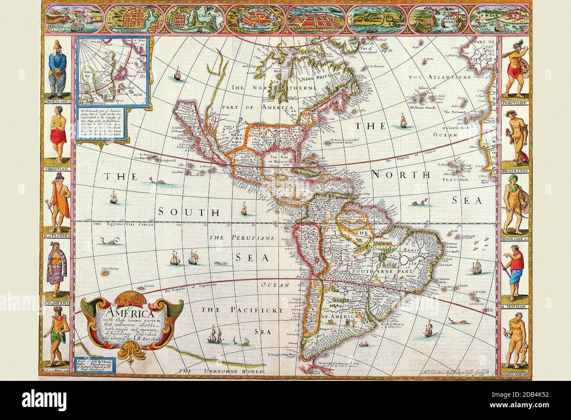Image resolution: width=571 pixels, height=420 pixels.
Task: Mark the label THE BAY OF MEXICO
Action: point(279,159)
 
